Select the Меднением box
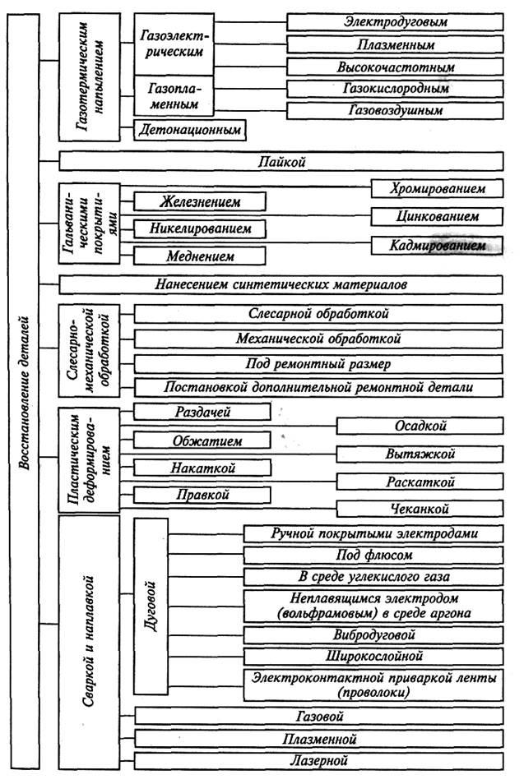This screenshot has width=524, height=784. coord(201,256)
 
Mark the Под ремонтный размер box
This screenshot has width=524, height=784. coord(318,363)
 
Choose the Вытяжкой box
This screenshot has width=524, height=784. coord(420,454)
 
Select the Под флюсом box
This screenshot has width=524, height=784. coord(373,556)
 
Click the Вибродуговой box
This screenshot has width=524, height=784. coord(373,635)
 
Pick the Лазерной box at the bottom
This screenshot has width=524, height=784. coord(318,761)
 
